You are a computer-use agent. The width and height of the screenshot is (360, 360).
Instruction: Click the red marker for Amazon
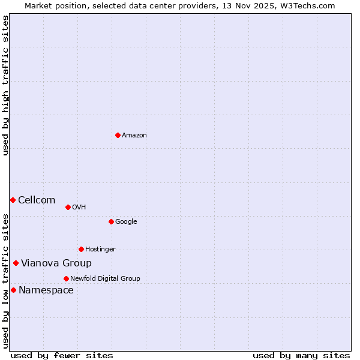click(x=118, y=135)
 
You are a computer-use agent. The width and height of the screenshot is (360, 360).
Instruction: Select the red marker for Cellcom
click(x=13, y=200)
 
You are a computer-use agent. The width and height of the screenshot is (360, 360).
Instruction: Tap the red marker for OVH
click(x=68, y=207)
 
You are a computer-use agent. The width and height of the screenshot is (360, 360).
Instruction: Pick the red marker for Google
click(x=111, y=221)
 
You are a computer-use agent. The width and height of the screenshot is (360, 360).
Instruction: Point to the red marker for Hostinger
click(x=81, y=249)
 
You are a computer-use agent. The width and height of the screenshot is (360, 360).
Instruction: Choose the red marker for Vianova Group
click(x=16, y=263)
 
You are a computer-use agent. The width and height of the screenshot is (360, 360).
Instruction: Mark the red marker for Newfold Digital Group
click(x=66, y=278)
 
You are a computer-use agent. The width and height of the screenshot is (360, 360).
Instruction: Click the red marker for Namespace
click(x=13, y=290)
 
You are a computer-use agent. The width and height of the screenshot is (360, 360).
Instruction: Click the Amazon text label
click(x=134, y=136)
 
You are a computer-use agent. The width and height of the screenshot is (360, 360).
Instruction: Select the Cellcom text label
click(x=37, y=200)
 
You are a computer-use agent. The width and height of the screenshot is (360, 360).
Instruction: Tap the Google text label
click(x=126, y=222)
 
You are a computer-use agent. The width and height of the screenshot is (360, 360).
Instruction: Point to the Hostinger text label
click(x=100, y=250)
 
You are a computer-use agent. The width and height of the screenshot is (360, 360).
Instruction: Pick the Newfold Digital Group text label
click(x=105, y=279)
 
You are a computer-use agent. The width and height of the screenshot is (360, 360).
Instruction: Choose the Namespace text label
click(x=46, y=290)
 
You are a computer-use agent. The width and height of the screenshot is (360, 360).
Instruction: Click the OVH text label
click(x=79, y=208)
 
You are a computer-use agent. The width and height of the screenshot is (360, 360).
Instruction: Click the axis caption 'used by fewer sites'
click(x=62, y=355)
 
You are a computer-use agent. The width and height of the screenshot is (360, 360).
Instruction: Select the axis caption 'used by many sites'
click(x=301, y=355)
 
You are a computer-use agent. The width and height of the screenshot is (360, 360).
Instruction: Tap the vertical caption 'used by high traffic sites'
click(x=6, y=85)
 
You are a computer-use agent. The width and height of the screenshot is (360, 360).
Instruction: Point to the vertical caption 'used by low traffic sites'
click(x=6, y=281)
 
